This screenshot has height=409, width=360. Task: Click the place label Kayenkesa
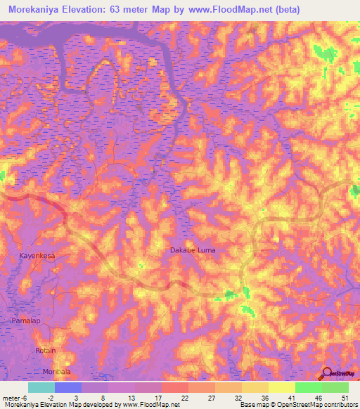[37, 257]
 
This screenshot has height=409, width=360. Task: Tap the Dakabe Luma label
[193, 250]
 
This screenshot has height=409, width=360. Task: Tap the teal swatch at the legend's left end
[41, 387]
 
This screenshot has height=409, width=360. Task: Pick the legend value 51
[344, 397]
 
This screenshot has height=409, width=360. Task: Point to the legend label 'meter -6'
[15, 397]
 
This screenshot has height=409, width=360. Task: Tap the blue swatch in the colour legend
[67, 387]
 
